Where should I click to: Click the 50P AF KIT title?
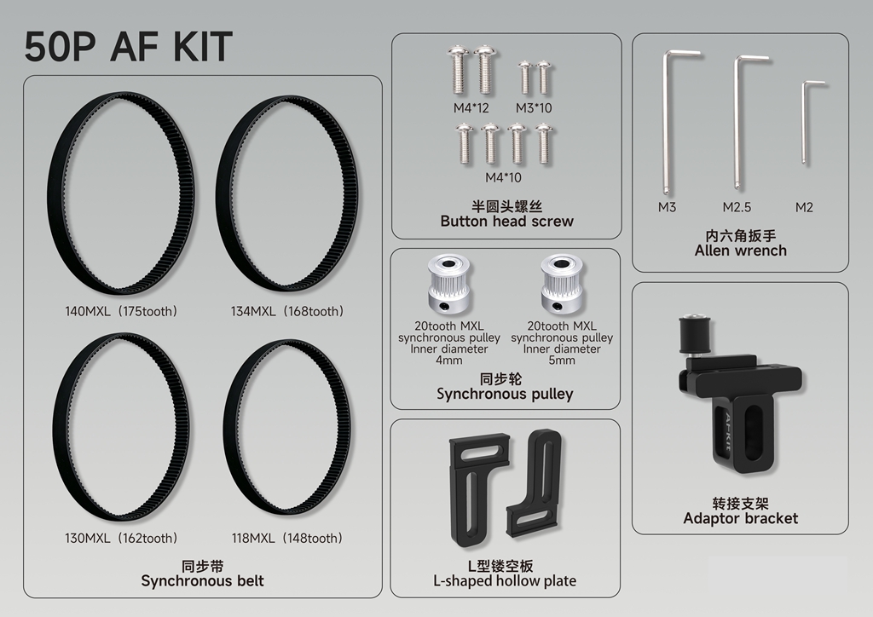(128, 46)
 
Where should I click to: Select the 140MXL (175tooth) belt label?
(121, 312)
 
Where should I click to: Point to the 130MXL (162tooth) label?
(121, 539)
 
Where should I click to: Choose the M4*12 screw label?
(471, 108)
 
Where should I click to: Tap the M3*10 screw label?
(534, 108)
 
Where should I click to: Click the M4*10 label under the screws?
(503, 177)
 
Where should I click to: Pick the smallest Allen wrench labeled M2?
(804, 123)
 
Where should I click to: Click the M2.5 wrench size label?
(737, 208)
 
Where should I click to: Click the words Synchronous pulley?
(505, 395)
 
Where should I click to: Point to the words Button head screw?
(506, 222)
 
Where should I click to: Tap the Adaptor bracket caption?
(741, 518)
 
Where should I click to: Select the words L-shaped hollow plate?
(505, 581)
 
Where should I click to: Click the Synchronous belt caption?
(203, 581)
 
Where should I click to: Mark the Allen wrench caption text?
(741, 251)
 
